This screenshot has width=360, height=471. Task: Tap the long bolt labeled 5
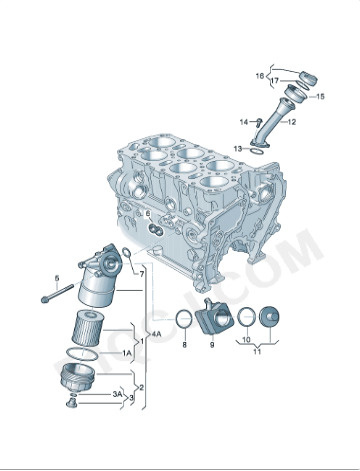(x=59, y=295)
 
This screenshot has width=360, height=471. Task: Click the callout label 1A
(x=126, y=354)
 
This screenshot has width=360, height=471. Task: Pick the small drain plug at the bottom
(x=71, y=403)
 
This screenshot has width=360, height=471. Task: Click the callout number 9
(x=211, y=344)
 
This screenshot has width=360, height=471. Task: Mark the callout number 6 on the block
(x=148, y=214)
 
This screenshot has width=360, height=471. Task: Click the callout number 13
(x=238, y=148)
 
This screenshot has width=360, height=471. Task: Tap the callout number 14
(x=243, y=122)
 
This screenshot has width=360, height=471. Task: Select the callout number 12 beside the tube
(x=291, y=122)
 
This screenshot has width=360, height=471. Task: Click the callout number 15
(x=320, y=97)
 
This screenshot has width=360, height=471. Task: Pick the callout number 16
(x=259, y=76)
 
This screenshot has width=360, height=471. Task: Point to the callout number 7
(x=141, y=273)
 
